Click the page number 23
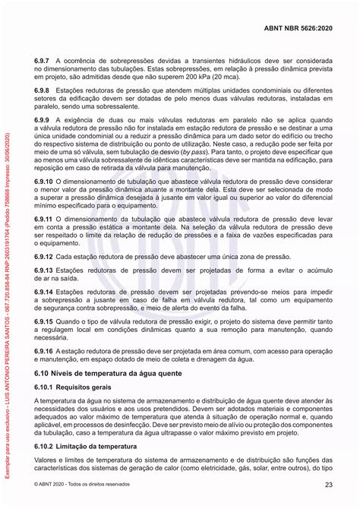tap(329, 485)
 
